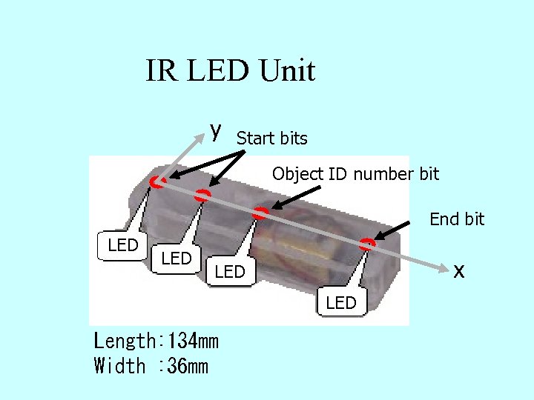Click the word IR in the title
pyautogui.click(x=159, y=71)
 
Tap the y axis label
pyautogui.click(x=215, y=130)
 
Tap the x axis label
pyautogui.click(x=459, y=271)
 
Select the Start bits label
pyautogui.click(x=271, y=139)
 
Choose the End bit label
pyautogui.click(x=457, y=219)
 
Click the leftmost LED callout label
pyautogui.click(x=123, y=245)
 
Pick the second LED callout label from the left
pyautogui.click(x=177, y=258)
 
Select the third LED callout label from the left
pyautogui.click(x=230, y=272)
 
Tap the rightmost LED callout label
pyautogui.click(x=341, y=302)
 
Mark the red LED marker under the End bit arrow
pyautogui.click(x=369, y=243)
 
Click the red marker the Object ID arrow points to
pyautogui.click(x=260, y=213)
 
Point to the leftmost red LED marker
pyautogui.click(x=156, y=181)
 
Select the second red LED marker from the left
pyautogui.click(x=202, y=196)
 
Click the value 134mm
pyautogui.click(x=193, y=341)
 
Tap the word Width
pyautogui.click(x=119, y=366)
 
